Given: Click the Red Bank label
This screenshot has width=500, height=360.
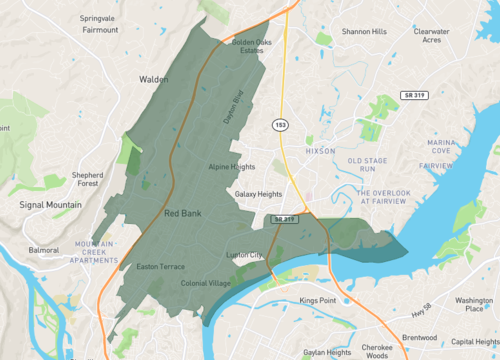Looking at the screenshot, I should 184,213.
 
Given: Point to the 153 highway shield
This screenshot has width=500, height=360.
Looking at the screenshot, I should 281,122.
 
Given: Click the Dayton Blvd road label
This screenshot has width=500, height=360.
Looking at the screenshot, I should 232,108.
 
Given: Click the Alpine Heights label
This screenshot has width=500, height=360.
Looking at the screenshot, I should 233,167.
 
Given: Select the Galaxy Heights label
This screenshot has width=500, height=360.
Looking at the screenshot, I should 258,194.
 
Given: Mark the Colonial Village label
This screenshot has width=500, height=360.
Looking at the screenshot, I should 206,284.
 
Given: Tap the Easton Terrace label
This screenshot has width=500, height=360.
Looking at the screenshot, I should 160,267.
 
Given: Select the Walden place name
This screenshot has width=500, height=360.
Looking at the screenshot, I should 153,78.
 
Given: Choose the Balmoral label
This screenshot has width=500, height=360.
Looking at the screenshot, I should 44,249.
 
